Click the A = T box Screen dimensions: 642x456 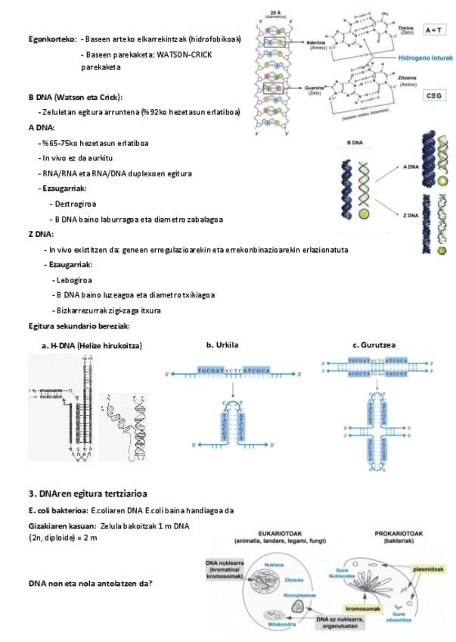point(433,30)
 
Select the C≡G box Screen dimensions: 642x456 point(433,95)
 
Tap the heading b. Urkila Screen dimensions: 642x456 point(222,344)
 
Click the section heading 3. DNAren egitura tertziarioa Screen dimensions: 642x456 point(88,493)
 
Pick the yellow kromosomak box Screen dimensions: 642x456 point(363,608)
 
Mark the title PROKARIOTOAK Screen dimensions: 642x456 point(399,533)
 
